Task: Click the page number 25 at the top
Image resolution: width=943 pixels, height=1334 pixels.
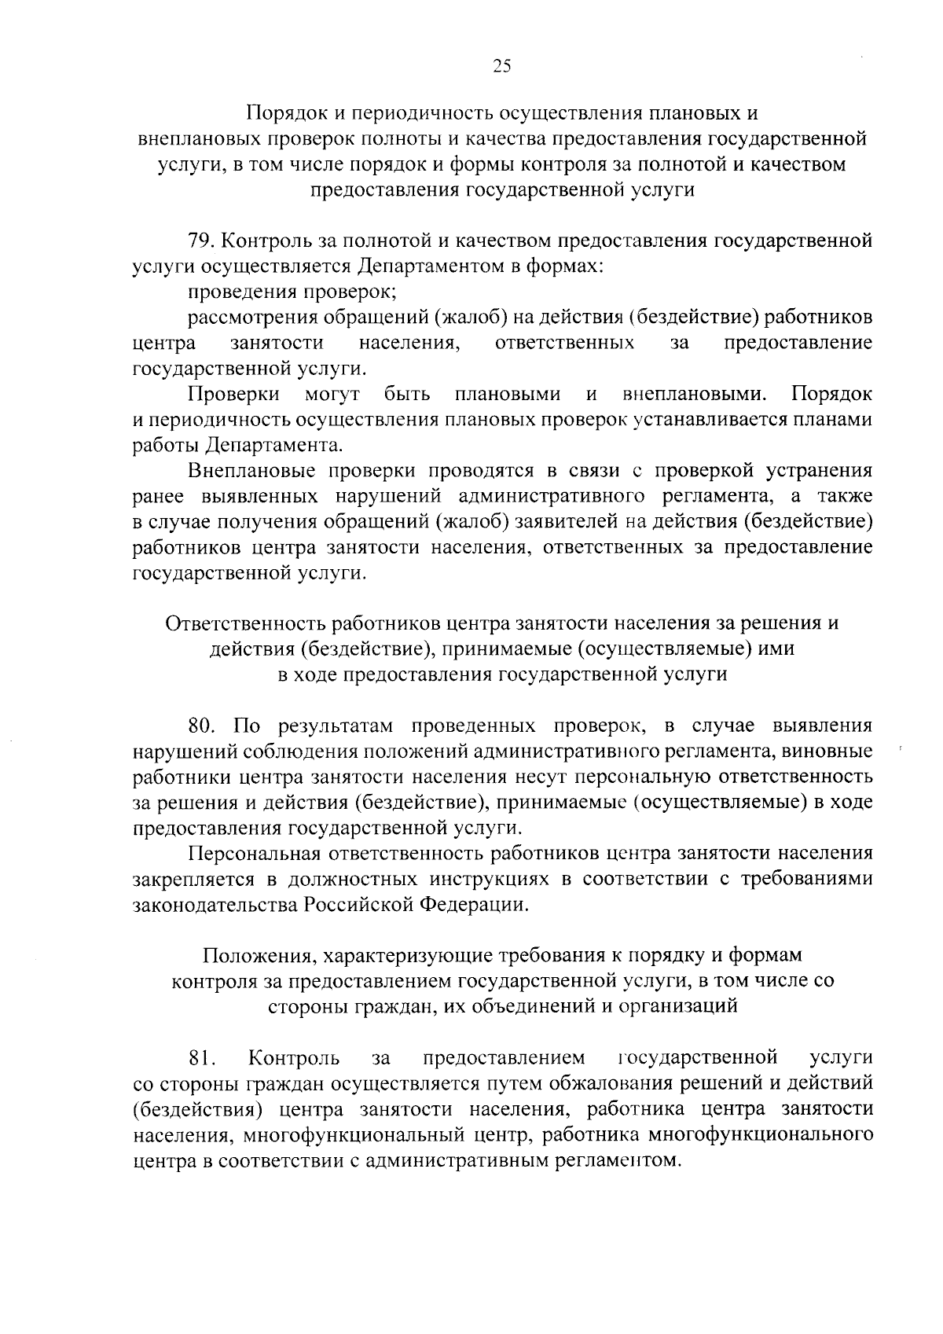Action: click(501, 67)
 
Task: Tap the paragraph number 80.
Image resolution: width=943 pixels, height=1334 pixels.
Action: click(204, 725)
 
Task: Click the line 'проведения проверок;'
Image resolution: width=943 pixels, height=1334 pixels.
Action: click(292, 292)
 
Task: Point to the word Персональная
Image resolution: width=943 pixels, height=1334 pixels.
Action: click(257, 853)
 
